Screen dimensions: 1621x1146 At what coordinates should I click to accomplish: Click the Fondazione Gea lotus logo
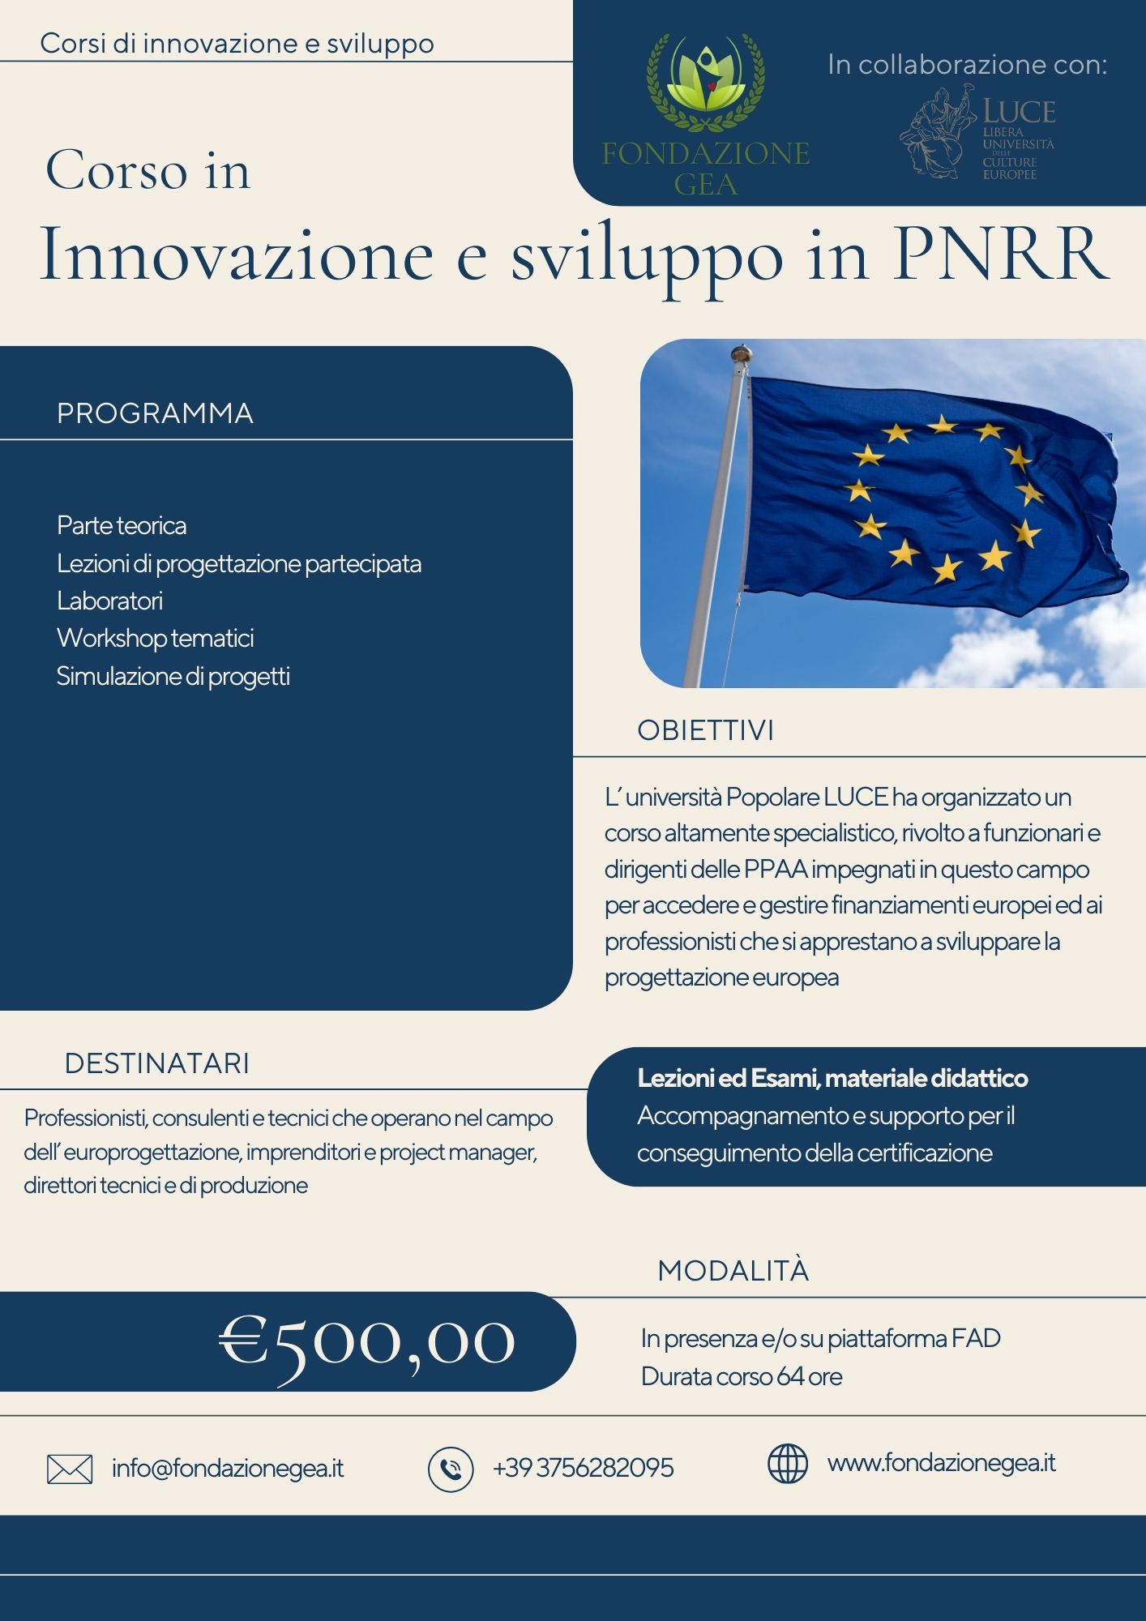coord(706,81)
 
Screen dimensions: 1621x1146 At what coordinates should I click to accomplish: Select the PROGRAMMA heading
coord(155,413)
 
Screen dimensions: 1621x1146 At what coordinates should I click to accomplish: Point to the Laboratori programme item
coord(110,601)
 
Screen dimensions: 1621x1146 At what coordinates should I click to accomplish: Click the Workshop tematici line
coord(156,638)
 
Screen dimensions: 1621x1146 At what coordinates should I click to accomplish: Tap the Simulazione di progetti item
coord(173,676)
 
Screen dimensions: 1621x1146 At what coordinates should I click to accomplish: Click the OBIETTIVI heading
coord(705,730)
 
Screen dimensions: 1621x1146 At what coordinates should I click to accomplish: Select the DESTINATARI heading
coord(157,1063)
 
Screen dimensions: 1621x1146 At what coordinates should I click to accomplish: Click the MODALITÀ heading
coord(733,1271)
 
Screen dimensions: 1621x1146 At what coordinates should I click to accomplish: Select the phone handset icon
coord(451,1469)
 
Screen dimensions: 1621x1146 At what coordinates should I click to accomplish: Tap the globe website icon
coord(788,1464)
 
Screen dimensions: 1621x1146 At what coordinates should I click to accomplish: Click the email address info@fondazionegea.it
coord(228,1469)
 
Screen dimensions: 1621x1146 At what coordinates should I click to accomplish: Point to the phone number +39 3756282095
coord(584,1468)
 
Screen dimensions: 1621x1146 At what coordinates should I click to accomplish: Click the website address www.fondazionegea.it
coord(941,1463)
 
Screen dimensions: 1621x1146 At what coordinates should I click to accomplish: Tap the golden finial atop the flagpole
coord(740,353)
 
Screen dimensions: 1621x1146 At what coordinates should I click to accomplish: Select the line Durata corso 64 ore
coord(742,1376)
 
